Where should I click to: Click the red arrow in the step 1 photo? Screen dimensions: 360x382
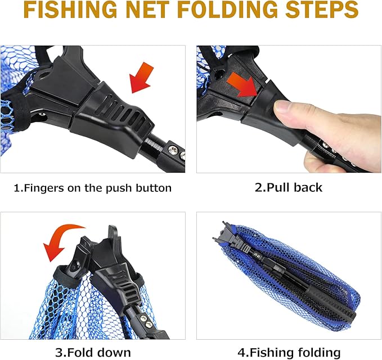click(x=142, y=78)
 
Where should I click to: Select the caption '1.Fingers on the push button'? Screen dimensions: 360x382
click(x=93, y=188)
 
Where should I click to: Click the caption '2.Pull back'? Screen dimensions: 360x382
click(x=289, y=188)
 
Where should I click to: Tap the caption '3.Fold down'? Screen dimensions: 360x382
click(x=93, y=353)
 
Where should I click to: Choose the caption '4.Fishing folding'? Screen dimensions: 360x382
click(x=289, y=353)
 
